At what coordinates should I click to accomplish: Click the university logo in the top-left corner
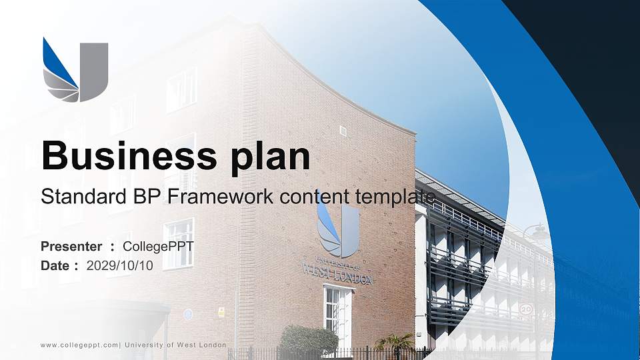[x=75, y=69]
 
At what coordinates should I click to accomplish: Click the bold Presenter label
[x=71, y=247]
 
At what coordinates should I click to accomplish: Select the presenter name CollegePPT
[x=158, y=247]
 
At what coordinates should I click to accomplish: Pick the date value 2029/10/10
[x=120, y=265]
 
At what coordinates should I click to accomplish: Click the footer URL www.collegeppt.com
[x=79, y=345]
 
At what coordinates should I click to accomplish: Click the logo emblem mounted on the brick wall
[x=338, y=230]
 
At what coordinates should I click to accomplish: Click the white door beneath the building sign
[x=335, y=317]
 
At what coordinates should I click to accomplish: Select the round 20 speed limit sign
[x=526, y=309]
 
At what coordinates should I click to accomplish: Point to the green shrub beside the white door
[x=308, y=340]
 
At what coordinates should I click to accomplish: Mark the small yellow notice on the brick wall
[x=221, y=311]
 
